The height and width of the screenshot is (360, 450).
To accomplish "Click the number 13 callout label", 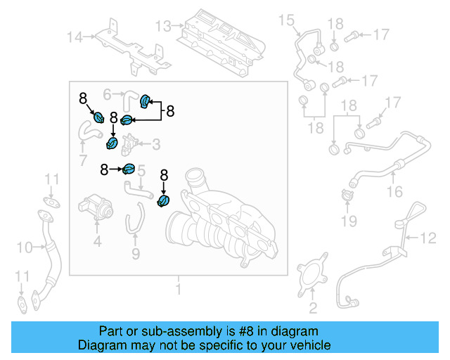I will click(x=163, y=26).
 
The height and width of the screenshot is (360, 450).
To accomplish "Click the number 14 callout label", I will click(x=75, y=37).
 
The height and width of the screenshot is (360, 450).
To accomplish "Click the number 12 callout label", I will click(x=428, y=240).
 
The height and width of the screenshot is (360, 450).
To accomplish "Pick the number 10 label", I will click(x=25, y=247).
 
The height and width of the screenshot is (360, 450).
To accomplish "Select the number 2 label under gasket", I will click(x=313, y=307).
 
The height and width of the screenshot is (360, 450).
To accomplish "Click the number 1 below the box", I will click(x=178, y=289).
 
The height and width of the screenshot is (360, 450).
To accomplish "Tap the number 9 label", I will click(x=136, y=252).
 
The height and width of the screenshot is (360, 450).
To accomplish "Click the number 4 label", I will click(x=97, y=243).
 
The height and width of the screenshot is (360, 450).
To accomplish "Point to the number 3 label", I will click(x=156, y=145).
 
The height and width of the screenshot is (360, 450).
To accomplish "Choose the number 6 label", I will click(x=108, y=93).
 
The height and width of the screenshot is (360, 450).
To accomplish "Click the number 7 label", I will click(x=83, y=162).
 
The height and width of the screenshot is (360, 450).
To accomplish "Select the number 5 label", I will click(x=141, y=170).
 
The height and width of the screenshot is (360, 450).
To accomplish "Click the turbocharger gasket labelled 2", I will click(x=307, y=278).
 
